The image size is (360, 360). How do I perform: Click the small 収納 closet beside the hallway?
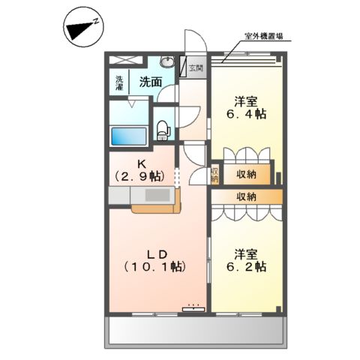tap(214, 175)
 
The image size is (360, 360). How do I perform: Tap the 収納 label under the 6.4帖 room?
tap(245, 175)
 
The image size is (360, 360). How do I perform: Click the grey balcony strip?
tap(197, 331)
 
